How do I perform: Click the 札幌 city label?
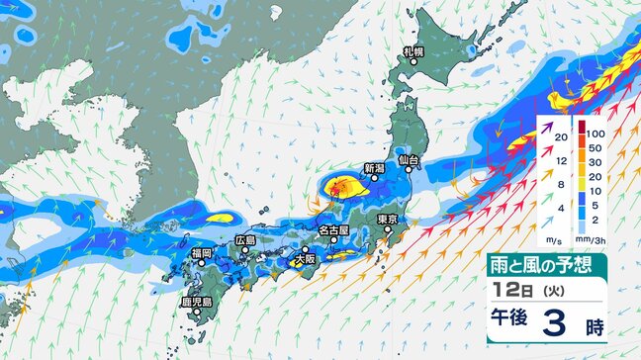[412, 50]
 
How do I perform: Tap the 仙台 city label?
[409, 159]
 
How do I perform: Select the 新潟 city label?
[373, 168]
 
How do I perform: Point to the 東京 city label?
[387, 219]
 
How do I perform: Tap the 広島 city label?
[245, 240]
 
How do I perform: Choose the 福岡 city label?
[202, 254]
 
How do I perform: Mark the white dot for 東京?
[389, 230]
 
